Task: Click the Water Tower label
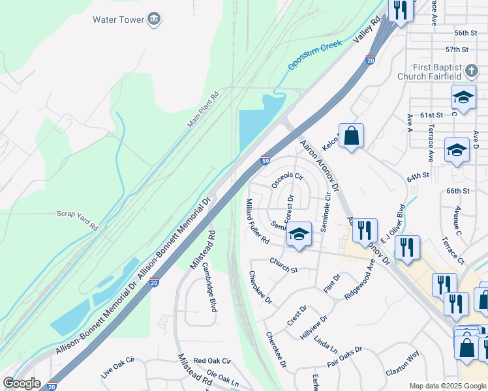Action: click(x=118, y=20)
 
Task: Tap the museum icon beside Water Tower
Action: click(x=154, y=20)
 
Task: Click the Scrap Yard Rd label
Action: click(x=77, y=220)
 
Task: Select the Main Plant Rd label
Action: click(x=203, y=109)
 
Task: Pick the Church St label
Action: click(x=284, y=265)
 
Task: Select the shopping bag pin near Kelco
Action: click(x=351, y=136)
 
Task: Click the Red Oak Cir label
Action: click(x=212, y=360)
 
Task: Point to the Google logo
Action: click(x=22, y=383)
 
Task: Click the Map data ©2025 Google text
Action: click(x=448, y=386)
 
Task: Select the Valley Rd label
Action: click(x=367, y=31)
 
